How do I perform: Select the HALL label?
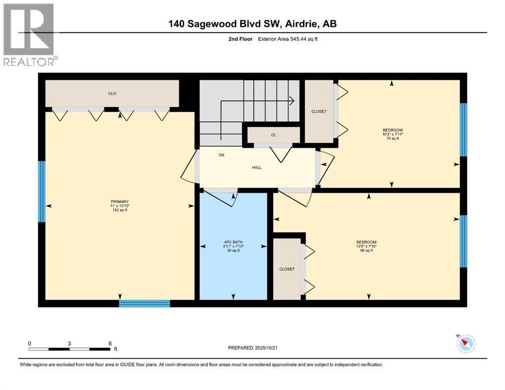(256, 167)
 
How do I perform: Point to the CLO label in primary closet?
(112, 93)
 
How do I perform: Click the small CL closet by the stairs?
(274, 135)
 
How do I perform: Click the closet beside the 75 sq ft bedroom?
(319, 111)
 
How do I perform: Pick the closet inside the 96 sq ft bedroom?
(287, 269)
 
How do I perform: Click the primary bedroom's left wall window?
(42, 191)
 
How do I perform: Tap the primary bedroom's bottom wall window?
(144, 303)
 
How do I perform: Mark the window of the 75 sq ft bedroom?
(463, 129)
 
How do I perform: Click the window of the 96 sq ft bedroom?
(463, 241)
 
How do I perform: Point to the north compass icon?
(465, 344)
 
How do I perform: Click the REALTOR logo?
(28, 35)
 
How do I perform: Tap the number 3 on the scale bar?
(69, 343)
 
